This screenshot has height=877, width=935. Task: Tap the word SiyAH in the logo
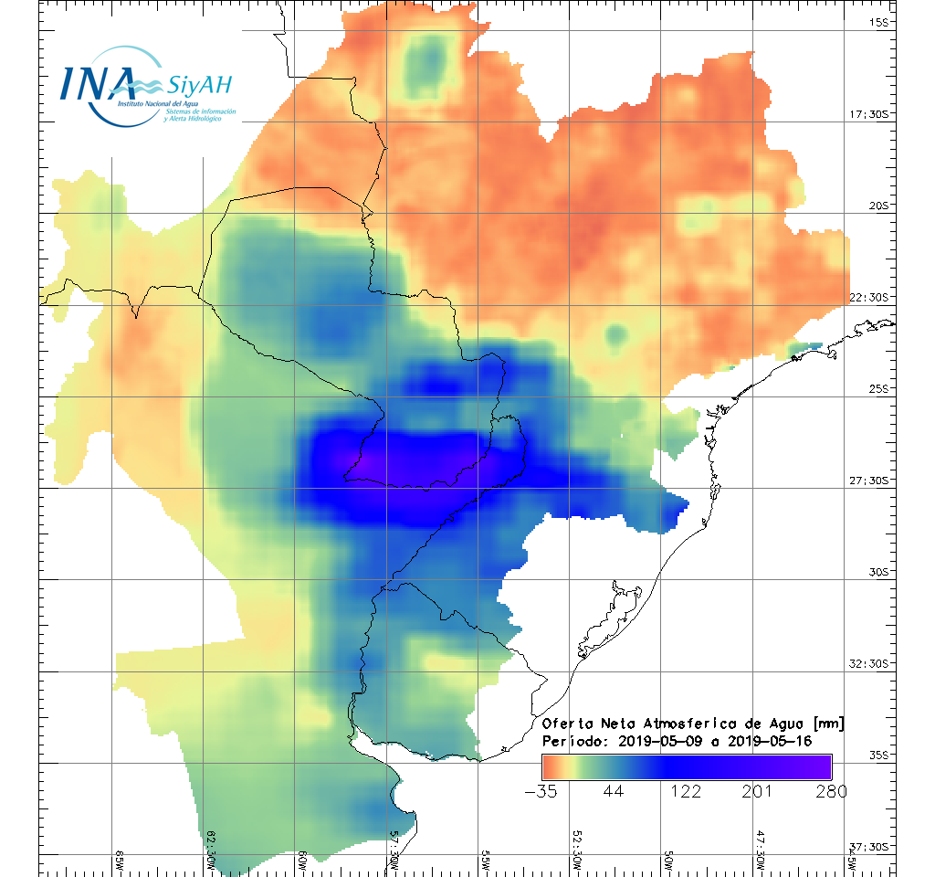click(x=199, y=86)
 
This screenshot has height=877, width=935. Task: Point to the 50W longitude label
click(x=669, y=861)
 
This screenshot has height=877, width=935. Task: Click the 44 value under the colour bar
click(x=613, y=791)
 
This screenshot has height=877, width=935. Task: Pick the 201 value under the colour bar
click(x=758, y=791)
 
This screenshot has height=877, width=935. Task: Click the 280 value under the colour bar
click(x=829, y=791)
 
